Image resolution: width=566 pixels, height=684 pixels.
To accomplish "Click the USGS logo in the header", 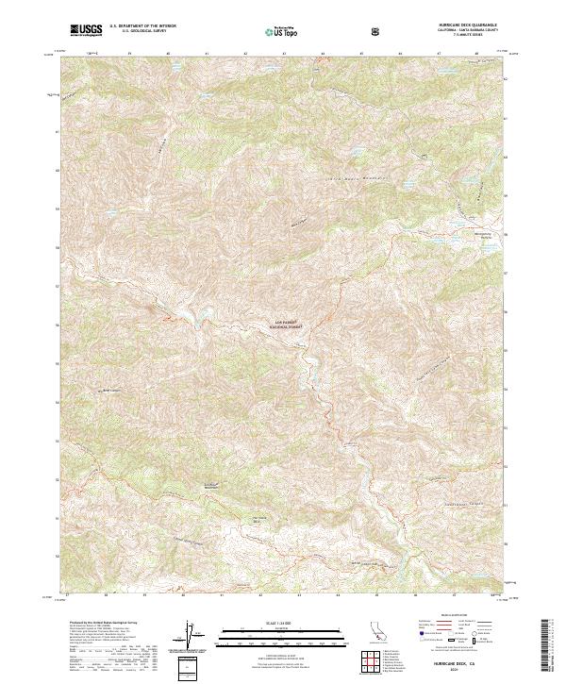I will pos(86,31).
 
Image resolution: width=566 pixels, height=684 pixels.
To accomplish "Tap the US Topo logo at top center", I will pos(275,31).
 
